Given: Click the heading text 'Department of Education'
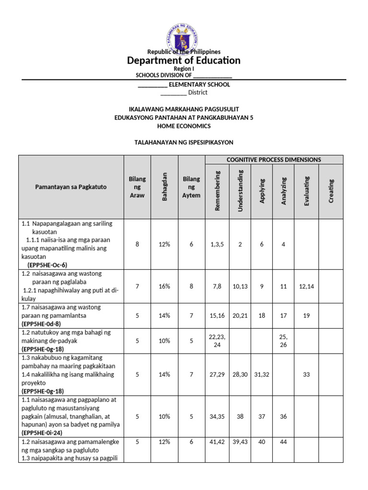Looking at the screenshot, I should [x=184, y=60].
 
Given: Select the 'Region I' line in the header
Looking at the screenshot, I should [x=184, y=69].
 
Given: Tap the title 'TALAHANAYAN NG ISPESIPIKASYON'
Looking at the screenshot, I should [x=184, y=143].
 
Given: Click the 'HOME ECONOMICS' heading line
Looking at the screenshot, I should [x=184, y=126].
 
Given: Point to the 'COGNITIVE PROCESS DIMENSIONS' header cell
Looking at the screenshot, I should [x=274, y=160].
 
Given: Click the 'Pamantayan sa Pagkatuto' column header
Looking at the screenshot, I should [x=71, y=187].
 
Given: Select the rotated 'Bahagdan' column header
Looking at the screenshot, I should [x=164, y=187].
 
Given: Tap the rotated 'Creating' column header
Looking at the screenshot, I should [x=331, y=190].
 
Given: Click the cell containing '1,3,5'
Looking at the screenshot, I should [x=218, y=245].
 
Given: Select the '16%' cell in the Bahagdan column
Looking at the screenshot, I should [x=164, y=286].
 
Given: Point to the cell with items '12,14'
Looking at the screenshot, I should [x=307, y=286].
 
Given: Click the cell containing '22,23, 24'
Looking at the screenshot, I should [x=218, y=341].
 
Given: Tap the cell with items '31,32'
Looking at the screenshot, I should [x=262, y=375].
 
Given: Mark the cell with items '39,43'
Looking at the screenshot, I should [x=241, y=442].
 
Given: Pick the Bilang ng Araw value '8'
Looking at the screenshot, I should [x=137, y=245].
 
